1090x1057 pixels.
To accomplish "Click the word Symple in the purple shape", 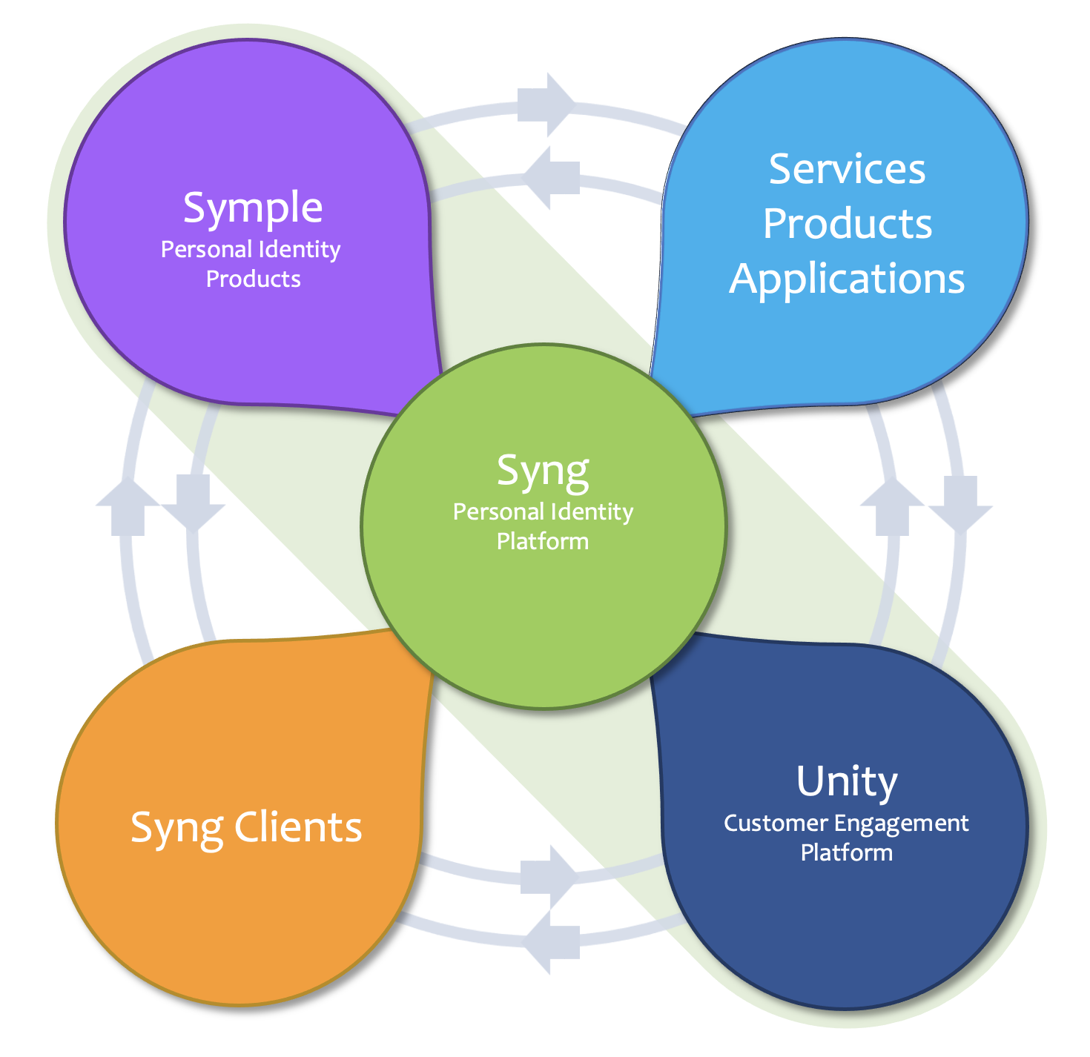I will (x=253, y=208).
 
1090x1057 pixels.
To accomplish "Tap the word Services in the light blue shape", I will (x=847, y=170).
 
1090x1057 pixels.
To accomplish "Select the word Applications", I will (x=847, y=279).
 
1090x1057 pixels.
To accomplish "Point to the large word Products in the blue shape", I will (x=847, y=224).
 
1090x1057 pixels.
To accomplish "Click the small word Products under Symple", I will (x=253, y=279).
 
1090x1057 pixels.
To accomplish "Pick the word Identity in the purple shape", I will (x=303, y=250).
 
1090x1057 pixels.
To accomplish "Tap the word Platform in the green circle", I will (x=543, y=541).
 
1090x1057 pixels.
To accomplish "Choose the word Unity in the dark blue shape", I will (x=846, y=782).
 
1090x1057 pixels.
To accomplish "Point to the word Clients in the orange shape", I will (x=298, y=828).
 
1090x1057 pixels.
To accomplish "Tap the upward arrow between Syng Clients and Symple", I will (x=128, y=507).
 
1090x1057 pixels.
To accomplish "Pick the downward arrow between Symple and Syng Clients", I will (x=194, y=503).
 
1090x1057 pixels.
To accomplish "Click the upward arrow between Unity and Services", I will (x=892, y=507).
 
